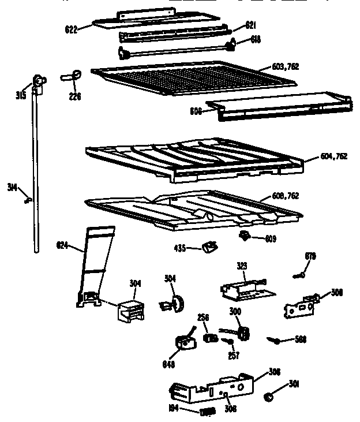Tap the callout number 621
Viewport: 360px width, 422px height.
(250, 25)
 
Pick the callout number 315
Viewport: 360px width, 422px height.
(21, 95)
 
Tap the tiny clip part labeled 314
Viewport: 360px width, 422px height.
(27, 199)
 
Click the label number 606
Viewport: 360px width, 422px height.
(196, 111)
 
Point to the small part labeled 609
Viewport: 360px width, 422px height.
(246, 235)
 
